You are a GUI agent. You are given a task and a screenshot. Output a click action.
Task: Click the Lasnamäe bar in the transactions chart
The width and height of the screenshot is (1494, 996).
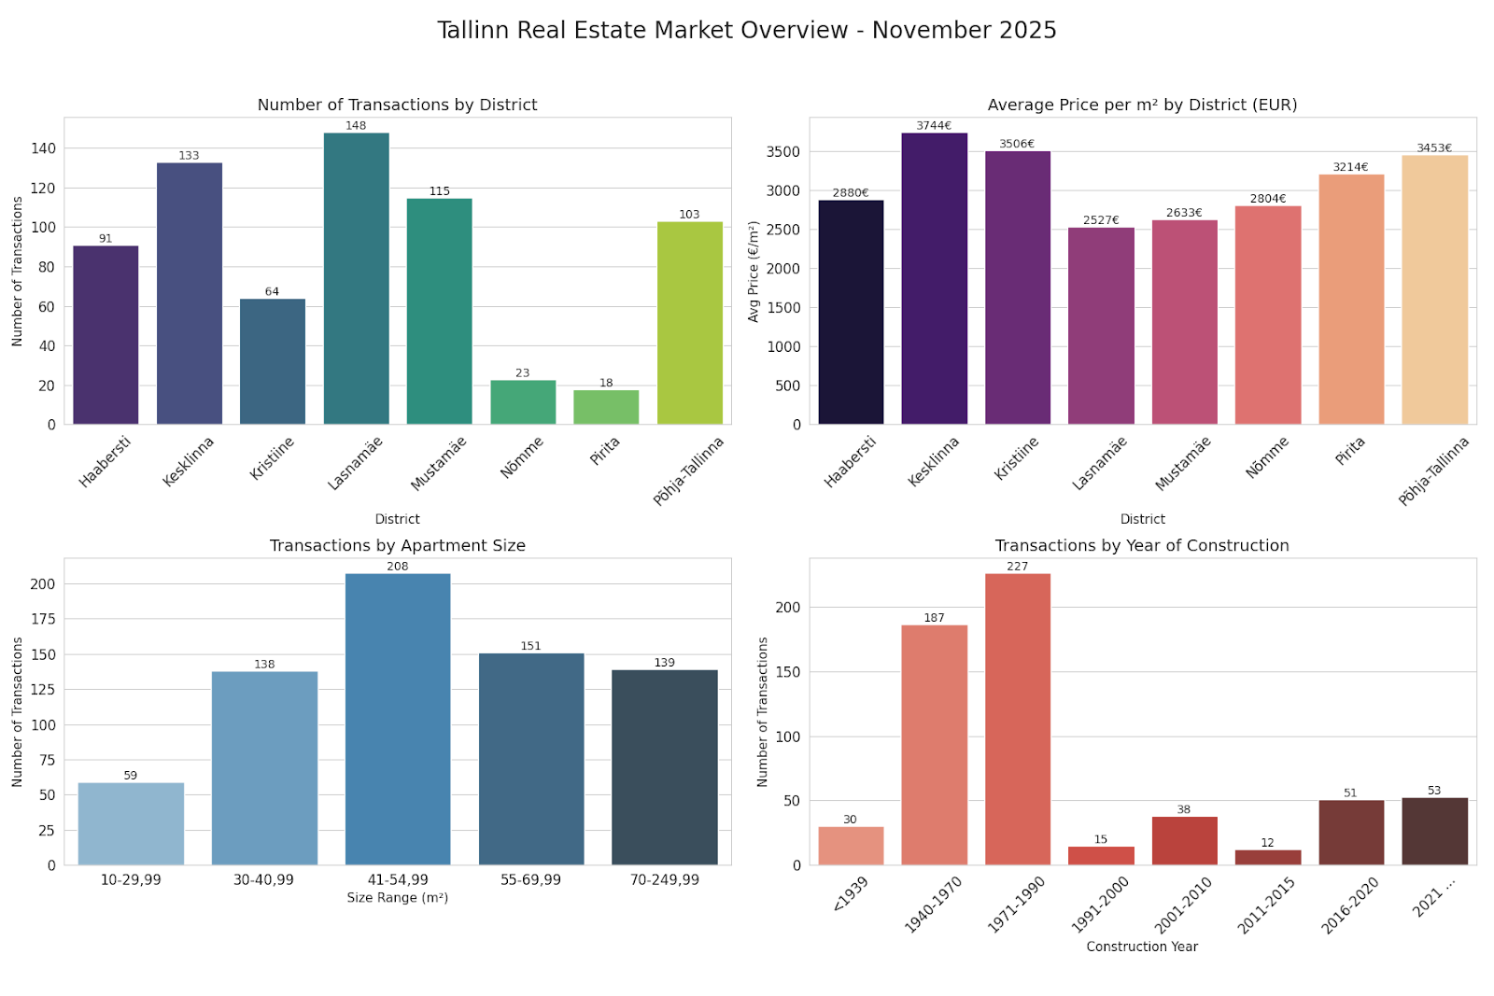pos(356,279)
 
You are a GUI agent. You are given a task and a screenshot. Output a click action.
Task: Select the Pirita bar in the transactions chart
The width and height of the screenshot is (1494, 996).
pos(606,407)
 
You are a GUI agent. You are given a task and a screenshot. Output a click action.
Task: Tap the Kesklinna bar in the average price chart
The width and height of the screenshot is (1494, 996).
pos(934,279)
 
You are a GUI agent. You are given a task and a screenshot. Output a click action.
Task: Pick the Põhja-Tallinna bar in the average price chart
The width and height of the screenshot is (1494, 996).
pos(1434,290)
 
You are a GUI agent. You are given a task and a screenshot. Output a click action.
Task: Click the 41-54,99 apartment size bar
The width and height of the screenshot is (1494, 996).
pos(398,719)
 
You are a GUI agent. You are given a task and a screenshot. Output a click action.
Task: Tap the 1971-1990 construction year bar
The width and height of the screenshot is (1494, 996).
pos(1018,719)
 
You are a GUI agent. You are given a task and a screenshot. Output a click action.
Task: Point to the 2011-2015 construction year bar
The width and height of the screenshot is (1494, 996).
pos(1267,857)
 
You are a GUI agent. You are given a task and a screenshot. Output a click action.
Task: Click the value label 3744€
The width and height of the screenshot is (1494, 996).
pos(934,125)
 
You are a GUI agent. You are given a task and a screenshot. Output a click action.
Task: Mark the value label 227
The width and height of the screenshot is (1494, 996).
pos(1018,567)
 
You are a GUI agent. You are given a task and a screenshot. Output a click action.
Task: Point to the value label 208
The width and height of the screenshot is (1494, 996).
pos(398,567)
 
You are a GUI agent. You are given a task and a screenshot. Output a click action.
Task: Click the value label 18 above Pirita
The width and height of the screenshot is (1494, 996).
pos(606,383)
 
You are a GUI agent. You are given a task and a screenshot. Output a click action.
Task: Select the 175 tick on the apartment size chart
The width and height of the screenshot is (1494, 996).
pos(43,619)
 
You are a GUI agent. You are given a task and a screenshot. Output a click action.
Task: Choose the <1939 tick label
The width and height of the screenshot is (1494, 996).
pos(851,894)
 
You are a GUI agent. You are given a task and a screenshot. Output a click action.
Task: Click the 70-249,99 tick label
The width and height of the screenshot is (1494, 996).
pos(664,879)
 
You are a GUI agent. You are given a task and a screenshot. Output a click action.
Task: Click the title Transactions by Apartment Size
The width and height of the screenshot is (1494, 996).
pos(398,546)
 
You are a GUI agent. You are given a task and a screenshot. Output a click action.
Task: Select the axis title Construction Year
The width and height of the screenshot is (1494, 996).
pos(1142,947)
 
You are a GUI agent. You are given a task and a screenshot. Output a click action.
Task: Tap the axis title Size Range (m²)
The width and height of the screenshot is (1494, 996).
pos(398,898)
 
